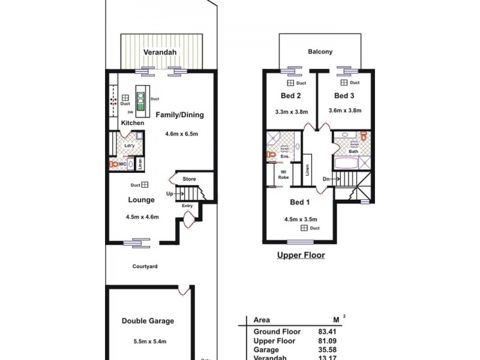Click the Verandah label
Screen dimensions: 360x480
pos(160,52)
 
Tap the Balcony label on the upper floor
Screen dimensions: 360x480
pos(321,52)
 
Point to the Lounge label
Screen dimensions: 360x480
pos(142,200)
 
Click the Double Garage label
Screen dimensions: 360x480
pos(148,321)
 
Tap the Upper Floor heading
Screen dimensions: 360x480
pos(301,255)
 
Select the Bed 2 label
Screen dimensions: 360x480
pos(290,96)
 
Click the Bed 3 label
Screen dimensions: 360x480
pos(344,96)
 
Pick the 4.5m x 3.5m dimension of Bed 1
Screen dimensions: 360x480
pos(301,219)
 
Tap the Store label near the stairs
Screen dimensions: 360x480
pos(190,178)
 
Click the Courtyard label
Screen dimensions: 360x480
pos(145,266)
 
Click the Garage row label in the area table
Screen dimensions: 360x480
pos(266,349)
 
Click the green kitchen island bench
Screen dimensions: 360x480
pos(142,102)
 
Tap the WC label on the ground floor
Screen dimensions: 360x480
pos(122,163)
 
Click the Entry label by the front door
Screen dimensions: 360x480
pos(187,206)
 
